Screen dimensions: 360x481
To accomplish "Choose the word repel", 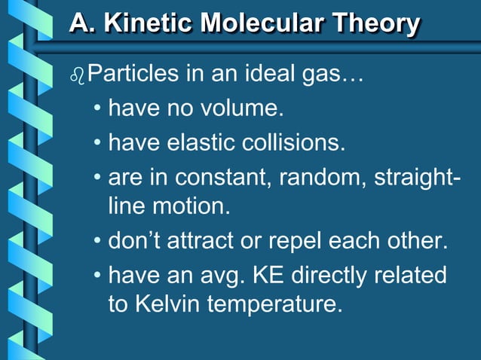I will [x=301, y=243].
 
